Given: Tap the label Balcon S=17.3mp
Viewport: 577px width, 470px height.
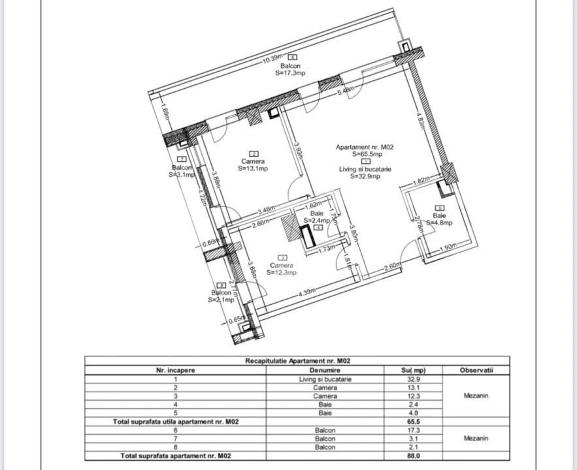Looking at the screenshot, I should (x=289, y=70).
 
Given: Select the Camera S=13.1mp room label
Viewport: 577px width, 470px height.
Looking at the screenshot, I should (x=253, y=164).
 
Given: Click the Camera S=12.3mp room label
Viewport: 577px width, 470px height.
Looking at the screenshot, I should (x=282, y=269).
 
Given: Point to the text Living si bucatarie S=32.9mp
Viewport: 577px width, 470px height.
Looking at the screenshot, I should (x=365, y=172).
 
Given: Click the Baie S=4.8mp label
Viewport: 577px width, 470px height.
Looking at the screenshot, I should (x=440, y=219).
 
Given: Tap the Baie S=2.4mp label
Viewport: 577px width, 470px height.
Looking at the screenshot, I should (x=317, y=217).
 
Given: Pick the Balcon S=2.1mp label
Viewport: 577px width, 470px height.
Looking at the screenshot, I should (x=221, y=296).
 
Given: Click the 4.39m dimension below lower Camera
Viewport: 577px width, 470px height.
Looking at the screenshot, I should (x=308, y=292).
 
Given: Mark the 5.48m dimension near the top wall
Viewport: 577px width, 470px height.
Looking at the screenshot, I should (x=346, y=91).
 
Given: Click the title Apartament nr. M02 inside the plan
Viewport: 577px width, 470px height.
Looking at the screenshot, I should (x=365, y=148).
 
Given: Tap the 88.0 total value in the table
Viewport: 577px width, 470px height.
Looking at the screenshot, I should (x=413, y=456).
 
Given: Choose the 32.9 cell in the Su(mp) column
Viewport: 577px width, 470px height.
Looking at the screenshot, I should (x=413, y=379).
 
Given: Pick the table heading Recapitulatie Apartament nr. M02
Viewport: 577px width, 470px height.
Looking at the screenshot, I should (x=297, y=361).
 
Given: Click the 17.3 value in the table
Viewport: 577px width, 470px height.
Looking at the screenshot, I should (x=413, y=430).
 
